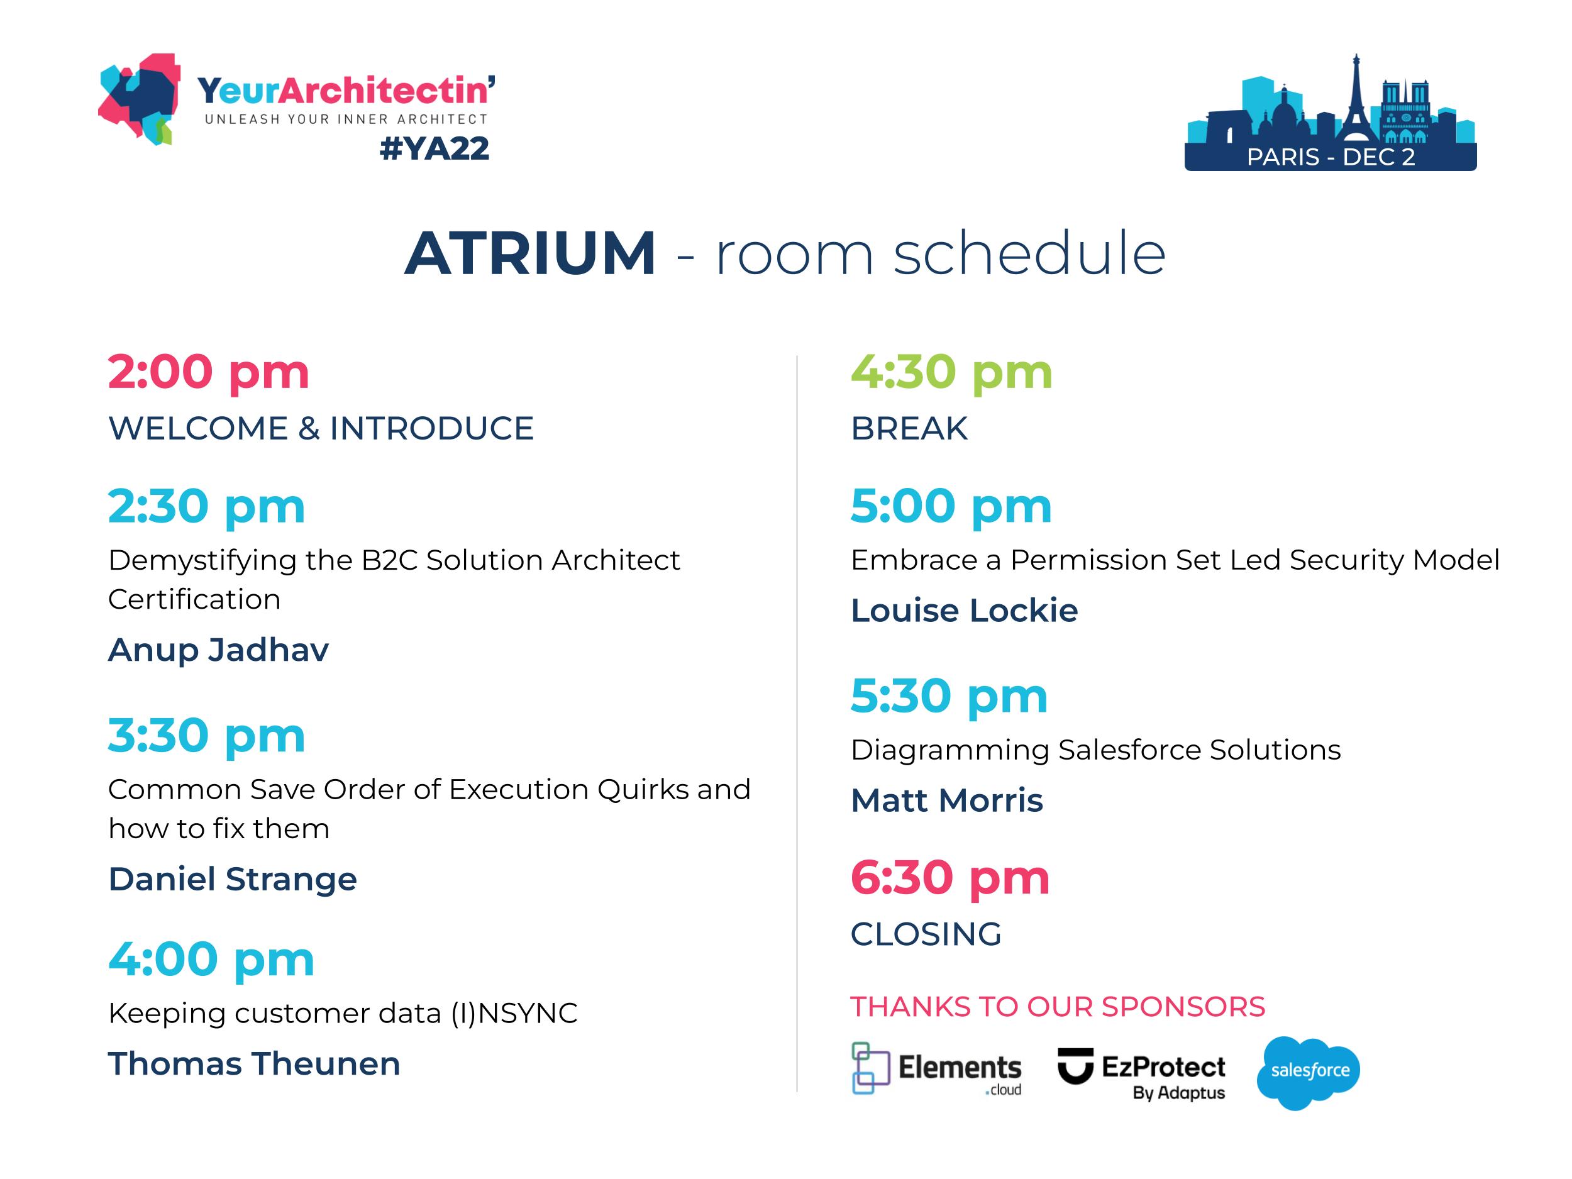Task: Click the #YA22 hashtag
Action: pyautogui.click(x=435, y=148)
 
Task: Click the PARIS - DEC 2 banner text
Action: pyautogui.click(x=1331, y=157)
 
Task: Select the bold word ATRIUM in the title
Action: pyautogui.click(x=529, y=253)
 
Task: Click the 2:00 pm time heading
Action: pyautogui.click(x=208, y=372)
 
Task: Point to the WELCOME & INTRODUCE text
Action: pyautogui.click(x=321, y=429)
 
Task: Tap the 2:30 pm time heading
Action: pyautogui.click(x=206, y=506)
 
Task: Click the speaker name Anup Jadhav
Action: pyautogui.click(x=218, y=650)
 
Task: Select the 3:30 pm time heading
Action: pyautogui.click(x=206, y=735)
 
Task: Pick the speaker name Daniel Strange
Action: pyautogui.click(x=233, y=879)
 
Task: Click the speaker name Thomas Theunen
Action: pyautogui.click(x=253, y=1064)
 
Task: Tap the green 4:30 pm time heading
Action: pyautogui.click(x=951, y=372)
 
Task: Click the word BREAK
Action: pyautogui.click(x=909, y=429)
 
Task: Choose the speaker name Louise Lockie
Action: pyautogui.click(x=964, y=611)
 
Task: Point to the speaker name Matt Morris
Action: pyautogui.click(x=946, y=800)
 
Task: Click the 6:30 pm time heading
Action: pyautogui.click(x=949, y=878)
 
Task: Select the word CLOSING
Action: pyautogui.click(x=926, y=934)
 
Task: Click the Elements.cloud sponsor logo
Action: pyautogui.click(x=936, y=1069)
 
